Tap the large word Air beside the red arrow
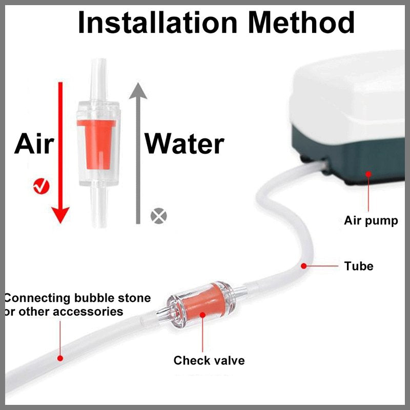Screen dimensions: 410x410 (34, 144)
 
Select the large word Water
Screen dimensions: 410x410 (184, 144)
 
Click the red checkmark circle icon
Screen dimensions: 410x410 (40, 187)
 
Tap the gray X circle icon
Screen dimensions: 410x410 (159, 216)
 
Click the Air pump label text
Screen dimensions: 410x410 (371, 221)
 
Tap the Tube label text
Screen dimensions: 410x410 (359, 266)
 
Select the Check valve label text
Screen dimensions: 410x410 (209, 360)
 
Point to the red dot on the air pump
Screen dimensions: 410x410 (367, 174)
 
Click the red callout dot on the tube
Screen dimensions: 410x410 (304, 266)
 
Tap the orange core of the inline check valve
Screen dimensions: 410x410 (202, 303)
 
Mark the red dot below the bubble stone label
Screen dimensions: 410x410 (60, 358)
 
